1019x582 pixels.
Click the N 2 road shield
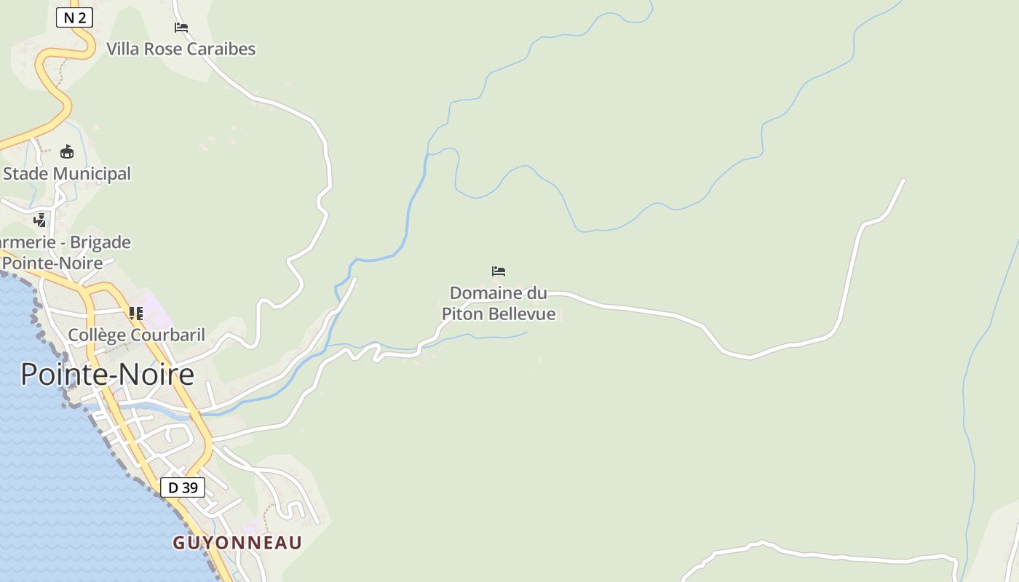[x=74, y=17]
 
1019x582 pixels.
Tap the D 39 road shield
[x=182, y=487]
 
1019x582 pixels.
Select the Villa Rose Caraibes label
[x=181, y=49]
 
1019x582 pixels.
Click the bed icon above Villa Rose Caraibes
[x=181, y=28]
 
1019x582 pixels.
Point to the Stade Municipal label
[x=67, y=174]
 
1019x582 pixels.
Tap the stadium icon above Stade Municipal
[x=67, y=151]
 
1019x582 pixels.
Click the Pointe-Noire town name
[x=107, y=374]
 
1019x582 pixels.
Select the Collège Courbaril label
[x=136, y=335]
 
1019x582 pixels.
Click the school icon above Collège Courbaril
[x=136, y=314]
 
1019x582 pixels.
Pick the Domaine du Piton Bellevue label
[x=499, y=303]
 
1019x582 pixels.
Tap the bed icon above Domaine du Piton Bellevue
[x=499, y=271]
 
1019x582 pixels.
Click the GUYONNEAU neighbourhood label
[x=237, y=543]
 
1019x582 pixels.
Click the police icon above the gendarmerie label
[x=40, y=220]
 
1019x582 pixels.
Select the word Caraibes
[x=222, y=49]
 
